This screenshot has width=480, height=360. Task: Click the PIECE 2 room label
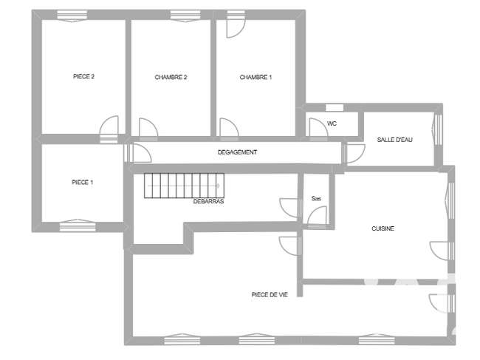tap(83, 76)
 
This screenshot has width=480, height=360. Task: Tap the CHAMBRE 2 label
tap(171, 77)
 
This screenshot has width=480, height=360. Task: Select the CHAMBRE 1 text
tap(256, 77)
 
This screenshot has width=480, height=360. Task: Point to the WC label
tap(332, 123)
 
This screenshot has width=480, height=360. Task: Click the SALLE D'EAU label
tap(394, 140)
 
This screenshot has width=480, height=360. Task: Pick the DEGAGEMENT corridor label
tap(237, 152)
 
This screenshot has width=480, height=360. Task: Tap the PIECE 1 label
tap(83, 183)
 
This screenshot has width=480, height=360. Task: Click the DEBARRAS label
tap(208, 201)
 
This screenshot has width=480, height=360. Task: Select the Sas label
tap(316, 199)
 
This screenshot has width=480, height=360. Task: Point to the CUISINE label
tap(383, 228)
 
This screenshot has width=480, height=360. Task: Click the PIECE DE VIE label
tap(270, 295)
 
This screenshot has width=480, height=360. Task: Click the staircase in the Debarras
tap(185, 186)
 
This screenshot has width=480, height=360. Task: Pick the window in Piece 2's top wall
tap(72, 16)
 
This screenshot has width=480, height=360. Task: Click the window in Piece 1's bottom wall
tap(78, 225)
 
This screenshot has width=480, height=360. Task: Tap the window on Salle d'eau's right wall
tap(438, 129)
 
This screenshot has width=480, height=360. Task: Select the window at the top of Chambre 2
tap(185, 16)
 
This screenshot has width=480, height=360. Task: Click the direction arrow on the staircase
tap(184, 186)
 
